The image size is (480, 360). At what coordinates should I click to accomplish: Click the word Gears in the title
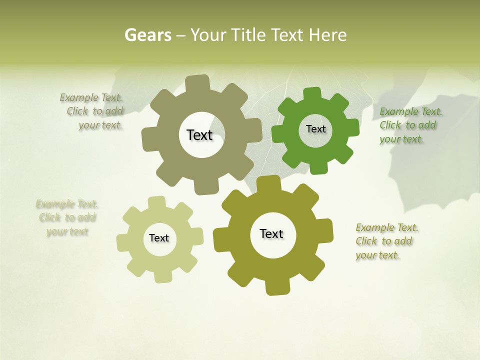[x=147, y=35]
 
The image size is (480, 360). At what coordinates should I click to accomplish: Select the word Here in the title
[x=327, y=35]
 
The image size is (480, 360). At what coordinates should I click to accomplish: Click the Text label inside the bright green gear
[x=315, y=129]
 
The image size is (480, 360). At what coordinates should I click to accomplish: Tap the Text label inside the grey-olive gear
[x=199, y=135]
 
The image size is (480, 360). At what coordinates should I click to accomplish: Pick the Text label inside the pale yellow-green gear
[x=159, y=238]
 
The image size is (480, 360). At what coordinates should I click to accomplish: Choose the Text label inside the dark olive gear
[x=271, y=233]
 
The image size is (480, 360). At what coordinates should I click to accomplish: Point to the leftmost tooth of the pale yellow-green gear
[x=122, y=242]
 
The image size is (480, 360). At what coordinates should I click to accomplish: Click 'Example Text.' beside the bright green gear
[x=410, y=111]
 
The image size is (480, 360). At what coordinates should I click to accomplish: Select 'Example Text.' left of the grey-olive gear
[x=91, y=97]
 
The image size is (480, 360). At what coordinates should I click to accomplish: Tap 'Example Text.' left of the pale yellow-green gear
[x=67, y=204]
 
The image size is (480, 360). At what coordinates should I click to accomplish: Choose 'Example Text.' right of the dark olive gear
[x=387, y=227]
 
